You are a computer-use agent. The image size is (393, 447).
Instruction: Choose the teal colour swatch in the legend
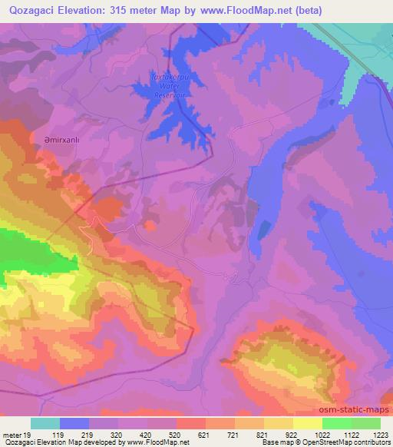point(45,423)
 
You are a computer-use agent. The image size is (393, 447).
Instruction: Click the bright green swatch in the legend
point(336,423)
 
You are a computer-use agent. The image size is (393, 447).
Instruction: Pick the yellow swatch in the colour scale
point(307,423)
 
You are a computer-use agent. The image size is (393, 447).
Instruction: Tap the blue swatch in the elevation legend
point(74,423)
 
